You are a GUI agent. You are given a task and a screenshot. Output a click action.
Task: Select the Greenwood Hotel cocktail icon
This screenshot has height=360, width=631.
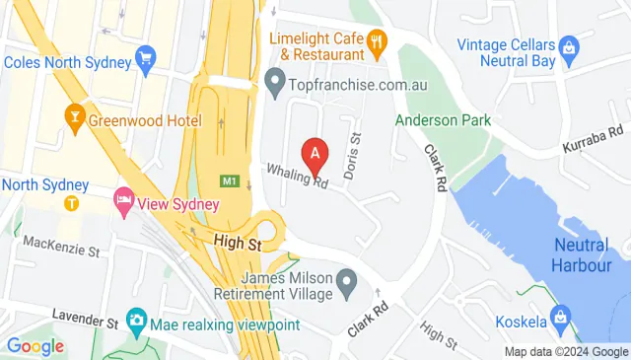(x=73, y=119)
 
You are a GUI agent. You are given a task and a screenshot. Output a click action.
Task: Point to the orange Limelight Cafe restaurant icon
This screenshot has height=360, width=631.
(x=377, y=41)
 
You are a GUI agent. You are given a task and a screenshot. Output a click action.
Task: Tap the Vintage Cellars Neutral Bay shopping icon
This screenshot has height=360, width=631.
(x=568, y=45)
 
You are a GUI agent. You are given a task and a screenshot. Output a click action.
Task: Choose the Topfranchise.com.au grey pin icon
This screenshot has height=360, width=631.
(x=276, y=80)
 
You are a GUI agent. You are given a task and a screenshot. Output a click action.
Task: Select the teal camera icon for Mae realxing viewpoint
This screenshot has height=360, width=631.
(x=136, y=321)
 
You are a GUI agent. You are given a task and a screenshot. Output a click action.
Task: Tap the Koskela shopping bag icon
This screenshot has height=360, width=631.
(x=562, y=317)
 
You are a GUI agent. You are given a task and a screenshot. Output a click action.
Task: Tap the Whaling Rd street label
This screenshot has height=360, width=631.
(x=297, y=176)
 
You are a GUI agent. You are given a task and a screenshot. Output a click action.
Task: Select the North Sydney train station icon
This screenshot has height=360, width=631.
(x=72, y=203)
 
